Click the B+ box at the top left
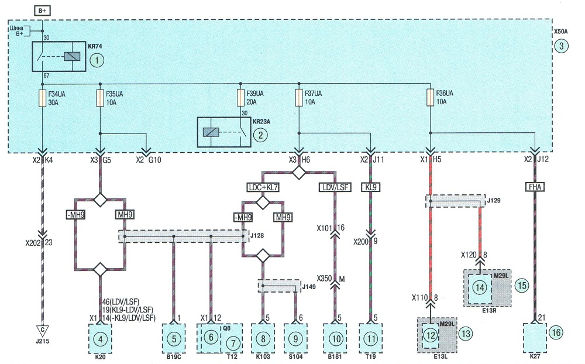point(42,11)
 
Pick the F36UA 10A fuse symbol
point(430,98)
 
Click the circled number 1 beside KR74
point(97,60)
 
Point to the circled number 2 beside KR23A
point(260,135)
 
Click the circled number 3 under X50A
point(561,46)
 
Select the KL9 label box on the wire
point(371,187)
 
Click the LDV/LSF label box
point(335,187)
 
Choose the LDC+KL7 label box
point(263,187)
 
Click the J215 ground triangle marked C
point(42,331)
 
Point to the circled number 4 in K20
point(100,339)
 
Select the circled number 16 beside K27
point(556,332)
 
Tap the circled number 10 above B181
point(336,339)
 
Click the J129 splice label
point(494,201)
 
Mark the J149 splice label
point(309,287)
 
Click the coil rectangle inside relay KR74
point(72,56)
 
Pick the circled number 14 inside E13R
point(480,287)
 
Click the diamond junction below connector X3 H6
point(299,173)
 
